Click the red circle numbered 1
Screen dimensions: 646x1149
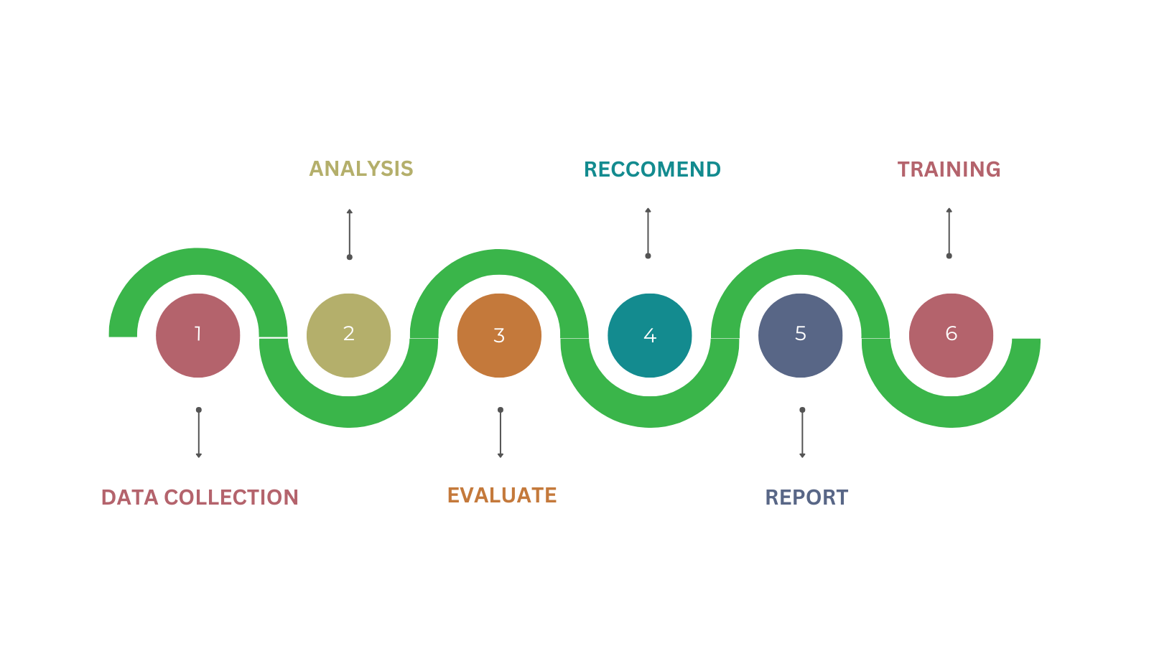click(198, 335)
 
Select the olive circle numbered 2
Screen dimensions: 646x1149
click(348, 335)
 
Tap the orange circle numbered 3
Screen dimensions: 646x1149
click(499, 335)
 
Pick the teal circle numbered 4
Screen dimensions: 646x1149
click(650, 335)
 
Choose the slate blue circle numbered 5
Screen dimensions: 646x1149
click(801, 335)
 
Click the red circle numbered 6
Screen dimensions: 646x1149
click(951, 335)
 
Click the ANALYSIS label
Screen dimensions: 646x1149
click(361, 169)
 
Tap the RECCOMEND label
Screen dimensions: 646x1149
click(652, 169)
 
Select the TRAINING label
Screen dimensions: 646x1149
click(949, 169)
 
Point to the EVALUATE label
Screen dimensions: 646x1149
click(502, 495)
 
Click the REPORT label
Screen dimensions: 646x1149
click(806, 497)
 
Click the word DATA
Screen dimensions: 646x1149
click(130, 497)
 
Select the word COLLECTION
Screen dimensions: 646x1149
click(231, 497)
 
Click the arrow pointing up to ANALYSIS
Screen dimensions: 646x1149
click(350, 234)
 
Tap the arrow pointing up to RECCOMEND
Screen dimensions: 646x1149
click(648, 233)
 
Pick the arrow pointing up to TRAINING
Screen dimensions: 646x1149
click(949, 233)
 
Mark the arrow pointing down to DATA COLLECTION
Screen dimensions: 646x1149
click(199, 433)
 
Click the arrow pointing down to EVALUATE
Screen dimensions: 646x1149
click(501, 433)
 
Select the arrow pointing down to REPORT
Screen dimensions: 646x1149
click(802, 433)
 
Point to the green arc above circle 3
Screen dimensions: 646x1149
click(499, 263)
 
